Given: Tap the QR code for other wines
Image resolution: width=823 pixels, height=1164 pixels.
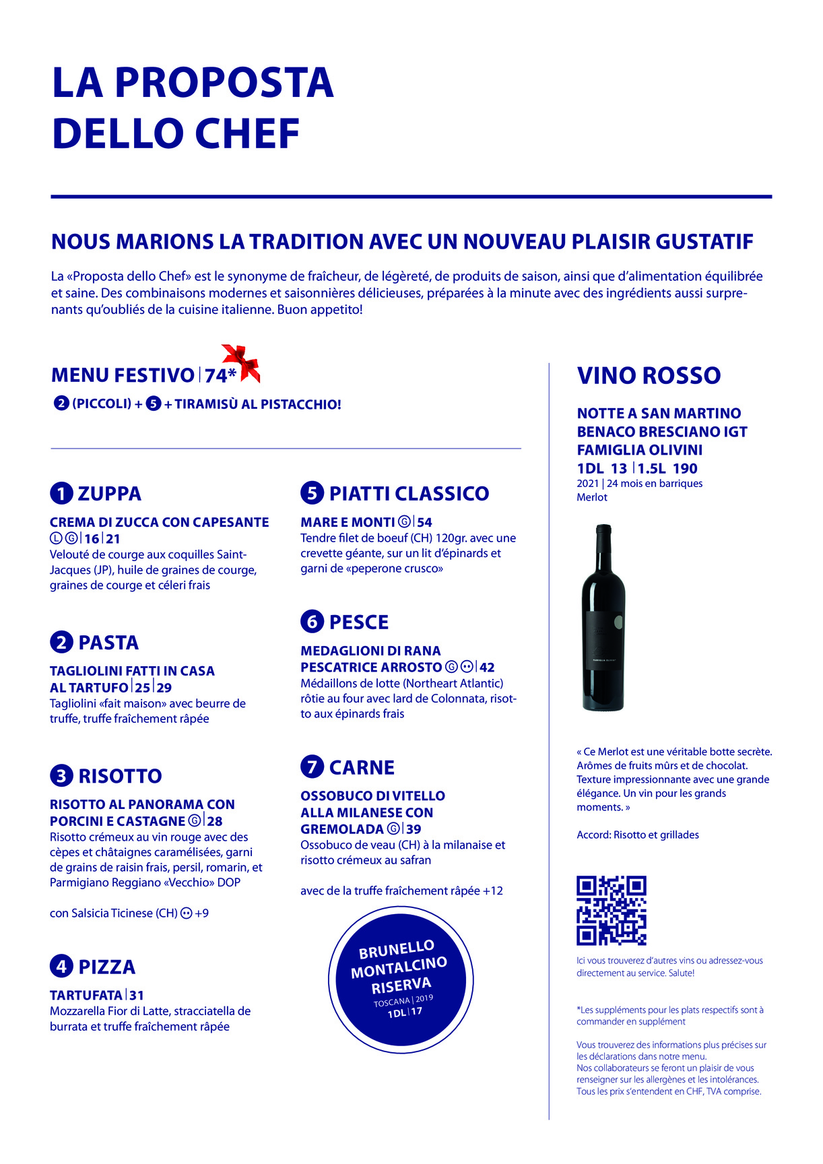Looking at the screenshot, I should [611, 910].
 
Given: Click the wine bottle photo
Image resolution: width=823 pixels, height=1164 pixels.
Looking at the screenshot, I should [603, 618].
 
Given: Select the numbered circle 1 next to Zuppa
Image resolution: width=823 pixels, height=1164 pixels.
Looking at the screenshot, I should [61, 494].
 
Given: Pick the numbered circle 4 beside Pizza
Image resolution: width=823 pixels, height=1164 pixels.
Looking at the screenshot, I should [61, 967].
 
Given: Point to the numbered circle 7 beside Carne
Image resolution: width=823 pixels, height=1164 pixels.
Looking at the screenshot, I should [312, 767].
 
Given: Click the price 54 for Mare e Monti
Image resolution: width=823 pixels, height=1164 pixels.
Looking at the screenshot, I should [424, 522].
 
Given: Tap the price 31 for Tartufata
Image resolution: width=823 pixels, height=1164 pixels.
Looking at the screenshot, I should [137, 995].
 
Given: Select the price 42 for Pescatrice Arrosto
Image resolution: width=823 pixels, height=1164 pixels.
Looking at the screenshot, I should [487, 668].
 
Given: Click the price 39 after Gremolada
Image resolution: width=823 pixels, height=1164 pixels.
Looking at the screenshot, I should [414, 829].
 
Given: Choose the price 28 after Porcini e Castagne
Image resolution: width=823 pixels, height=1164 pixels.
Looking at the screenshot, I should [215, 821].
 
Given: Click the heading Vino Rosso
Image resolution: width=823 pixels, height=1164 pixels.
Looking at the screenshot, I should [649, 375].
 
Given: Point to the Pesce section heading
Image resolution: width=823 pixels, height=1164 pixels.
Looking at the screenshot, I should [358, 622].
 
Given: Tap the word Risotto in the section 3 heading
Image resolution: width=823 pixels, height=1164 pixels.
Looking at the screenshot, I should [120, 776].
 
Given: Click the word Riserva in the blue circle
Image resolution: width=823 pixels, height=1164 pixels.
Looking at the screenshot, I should [401, 985].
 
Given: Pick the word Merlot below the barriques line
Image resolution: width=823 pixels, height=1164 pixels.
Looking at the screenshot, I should [592, 497].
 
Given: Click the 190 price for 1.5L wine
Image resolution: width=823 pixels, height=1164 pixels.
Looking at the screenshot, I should [685, 469].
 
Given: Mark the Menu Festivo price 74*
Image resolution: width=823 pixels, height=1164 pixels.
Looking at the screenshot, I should [220, 375].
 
